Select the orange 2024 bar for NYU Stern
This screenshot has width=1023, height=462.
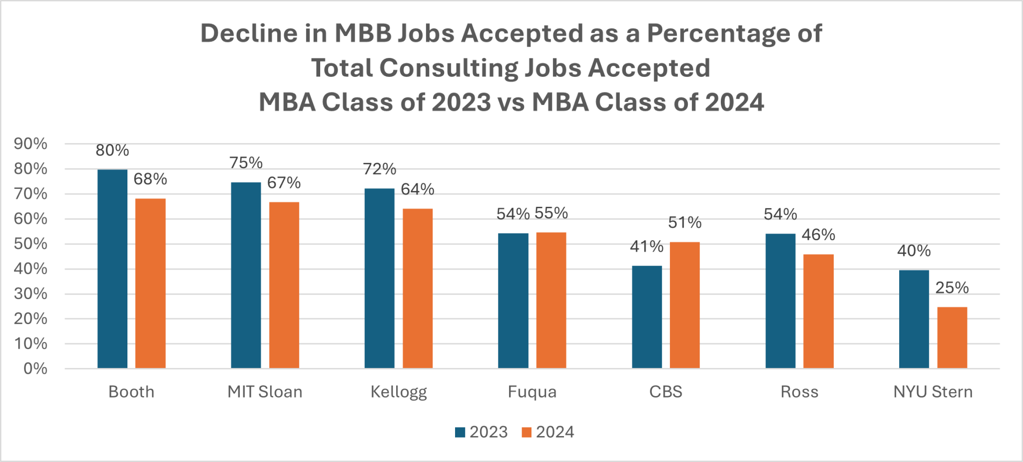[952, 338]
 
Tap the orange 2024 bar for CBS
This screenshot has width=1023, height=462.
[684, 305]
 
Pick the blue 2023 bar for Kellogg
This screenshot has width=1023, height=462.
[379, 278]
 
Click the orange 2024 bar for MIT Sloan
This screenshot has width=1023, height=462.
[284, 285]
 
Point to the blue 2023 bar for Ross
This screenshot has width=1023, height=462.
[780, 301]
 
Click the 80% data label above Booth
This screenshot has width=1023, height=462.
[112, 150]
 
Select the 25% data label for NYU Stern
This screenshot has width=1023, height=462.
[952, 288]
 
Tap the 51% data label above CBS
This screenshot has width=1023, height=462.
[685, 222]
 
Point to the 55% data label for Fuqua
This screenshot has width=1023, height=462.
[551, 213]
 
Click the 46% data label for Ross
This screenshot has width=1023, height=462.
[818, 235]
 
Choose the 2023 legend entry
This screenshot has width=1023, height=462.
[482, 432]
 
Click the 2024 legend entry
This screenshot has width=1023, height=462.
[548, 432]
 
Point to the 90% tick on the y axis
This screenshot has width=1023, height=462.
[30, 144]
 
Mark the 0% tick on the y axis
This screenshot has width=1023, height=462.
[35, 369]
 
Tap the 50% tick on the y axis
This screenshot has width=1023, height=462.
[30, 244]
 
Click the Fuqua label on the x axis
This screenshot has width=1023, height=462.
[532, 392]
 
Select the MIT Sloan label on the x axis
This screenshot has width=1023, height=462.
[265, 392]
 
